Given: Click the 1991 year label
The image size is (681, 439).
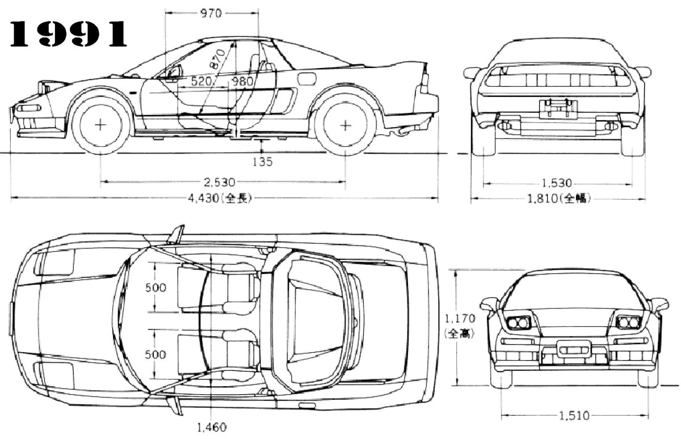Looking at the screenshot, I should click(x=67, y=36).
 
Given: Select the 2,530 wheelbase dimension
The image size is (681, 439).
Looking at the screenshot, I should click(x=221, y=183).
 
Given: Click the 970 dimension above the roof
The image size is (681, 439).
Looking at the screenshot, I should click(x=211, y=14).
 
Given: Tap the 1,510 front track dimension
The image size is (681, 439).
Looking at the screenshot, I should click(x=572, y=416).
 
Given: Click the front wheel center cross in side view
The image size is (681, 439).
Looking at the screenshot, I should click(x=100, y=125).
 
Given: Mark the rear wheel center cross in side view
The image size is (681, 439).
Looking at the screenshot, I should click(x=345, y=125).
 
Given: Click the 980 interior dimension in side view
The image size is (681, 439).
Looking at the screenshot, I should click(x=242, y=82).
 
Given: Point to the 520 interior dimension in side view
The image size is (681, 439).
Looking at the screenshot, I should click(x=202, y=82).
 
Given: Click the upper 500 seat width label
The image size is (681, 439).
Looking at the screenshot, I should click(x=155, y=288).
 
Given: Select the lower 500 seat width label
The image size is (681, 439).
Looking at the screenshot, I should click(x=155, y=354).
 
